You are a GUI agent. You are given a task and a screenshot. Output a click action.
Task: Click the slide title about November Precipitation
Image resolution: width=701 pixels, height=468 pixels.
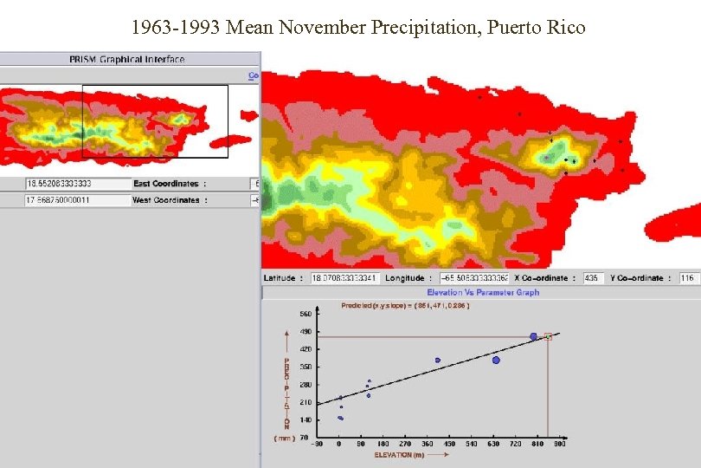[358, 28]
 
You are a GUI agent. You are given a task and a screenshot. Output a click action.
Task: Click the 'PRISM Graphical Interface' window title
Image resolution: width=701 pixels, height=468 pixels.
[127, 59]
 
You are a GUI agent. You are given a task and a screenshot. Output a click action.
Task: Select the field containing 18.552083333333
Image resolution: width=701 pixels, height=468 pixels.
[64, 184]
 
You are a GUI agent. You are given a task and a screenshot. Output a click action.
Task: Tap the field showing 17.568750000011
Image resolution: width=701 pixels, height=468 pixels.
[64, 200]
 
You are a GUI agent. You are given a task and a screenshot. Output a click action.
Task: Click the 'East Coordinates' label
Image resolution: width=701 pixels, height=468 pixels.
[165, 184]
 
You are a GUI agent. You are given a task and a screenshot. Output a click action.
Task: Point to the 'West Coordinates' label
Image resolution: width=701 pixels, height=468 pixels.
[165, 200]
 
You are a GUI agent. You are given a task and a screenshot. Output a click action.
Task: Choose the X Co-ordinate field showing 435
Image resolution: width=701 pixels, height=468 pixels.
[594, 278]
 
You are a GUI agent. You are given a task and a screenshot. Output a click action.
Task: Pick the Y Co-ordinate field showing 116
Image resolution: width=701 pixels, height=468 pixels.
[688, 278]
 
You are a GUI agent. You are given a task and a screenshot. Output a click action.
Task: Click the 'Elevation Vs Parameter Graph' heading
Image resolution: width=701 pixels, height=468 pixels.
[482, 293]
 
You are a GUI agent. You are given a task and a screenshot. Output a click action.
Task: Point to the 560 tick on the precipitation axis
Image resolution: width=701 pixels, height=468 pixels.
[305, 314]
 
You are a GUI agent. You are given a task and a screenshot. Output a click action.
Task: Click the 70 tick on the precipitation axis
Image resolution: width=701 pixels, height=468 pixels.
[305, 439]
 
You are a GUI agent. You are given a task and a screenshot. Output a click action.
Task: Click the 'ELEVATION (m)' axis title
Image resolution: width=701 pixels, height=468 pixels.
[399, 454]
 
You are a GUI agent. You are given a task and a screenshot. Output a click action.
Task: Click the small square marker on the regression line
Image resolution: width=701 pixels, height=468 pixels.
[548, 336]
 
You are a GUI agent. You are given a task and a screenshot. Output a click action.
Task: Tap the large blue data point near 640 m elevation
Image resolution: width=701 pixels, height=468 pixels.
[496, 360]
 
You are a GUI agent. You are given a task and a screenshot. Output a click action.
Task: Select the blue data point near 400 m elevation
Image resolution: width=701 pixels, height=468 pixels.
[438, 360]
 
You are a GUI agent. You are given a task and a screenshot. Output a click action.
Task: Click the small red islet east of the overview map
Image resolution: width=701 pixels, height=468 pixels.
[248, 114]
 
